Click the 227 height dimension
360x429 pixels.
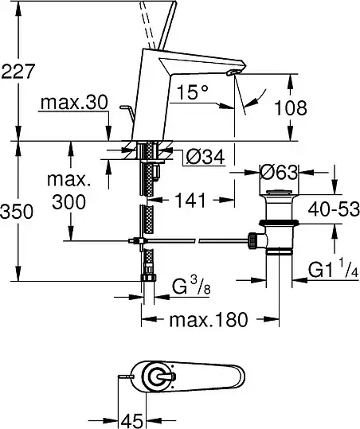tap(18, 71)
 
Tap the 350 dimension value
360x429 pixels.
tap(17, 211)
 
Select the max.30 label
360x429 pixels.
tap(74, 103)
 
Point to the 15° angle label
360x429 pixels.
tap(193, 92)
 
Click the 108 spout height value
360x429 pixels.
tap(291, 107)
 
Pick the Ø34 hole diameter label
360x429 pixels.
tap(205, 157)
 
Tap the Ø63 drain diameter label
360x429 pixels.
tap(279, 172)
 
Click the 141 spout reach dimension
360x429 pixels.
tap(190, 201)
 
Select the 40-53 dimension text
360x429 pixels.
tap(334, 209)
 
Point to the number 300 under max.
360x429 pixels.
tap(69, 202)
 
